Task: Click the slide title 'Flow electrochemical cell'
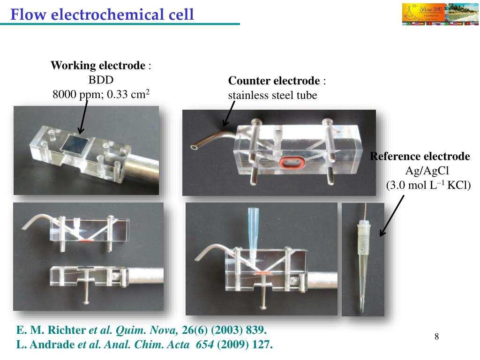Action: click(x=102, y=15)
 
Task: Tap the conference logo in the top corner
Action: click(x=440, y=14)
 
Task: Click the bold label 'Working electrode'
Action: click(x=98, y=66)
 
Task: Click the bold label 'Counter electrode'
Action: click(x=274, y=81)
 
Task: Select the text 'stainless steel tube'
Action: click(x=272, y=96)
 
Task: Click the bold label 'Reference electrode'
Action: click(x=420, y=157)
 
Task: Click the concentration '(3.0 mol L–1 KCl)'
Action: click(x=428, y=185)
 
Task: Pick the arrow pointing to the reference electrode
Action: click(x=391, y=216)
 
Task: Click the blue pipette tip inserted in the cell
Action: click(x=254, y=233)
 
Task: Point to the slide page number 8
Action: click(x=437, y=336)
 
